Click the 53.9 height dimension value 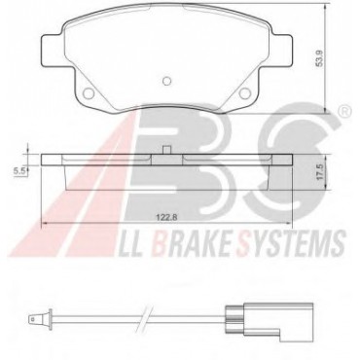pyautogui.click(x=320, y=58)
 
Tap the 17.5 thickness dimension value pyautogui.click(x=320, y=172)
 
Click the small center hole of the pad pyautogui.click(x=166, y=81)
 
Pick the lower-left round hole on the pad pyautogui.click(x=89, y=93)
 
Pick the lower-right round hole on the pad pyautogui.click(x=245, y=93)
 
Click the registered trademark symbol pyautogui.click(x=344, y=112)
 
